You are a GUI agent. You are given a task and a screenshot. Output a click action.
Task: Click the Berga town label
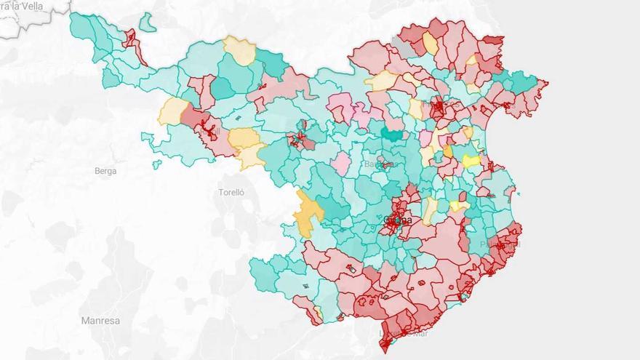coord(105,171)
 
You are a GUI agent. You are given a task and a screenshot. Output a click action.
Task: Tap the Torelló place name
coord(231,193)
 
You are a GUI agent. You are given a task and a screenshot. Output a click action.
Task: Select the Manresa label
coord(100,320)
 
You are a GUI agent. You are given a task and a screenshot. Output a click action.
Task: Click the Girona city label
coord(397,220)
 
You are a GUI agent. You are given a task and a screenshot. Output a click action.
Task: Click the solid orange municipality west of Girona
coord(308,212)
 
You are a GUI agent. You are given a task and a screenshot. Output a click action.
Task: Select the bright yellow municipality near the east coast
coord(471,161)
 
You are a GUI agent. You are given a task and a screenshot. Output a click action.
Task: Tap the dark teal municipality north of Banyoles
coord(393,134)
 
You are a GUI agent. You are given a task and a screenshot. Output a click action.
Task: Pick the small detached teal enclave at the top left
coord(148,23)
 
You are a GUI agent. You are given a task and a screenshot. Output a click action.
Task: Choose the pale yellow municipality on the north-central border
coord(240,49)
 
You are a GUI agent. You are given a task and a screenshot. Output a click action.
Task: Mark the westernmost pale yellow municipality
coord(172,111)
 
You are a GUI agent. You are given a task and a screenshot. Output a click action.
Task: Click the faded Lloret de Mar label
coord(404,333)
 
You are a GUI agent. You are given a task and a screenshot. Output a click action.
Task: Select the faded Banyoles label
coord(379,164)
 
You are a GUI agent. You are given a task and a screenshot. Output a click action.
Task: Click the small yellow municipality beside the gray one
coord(430,44)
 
